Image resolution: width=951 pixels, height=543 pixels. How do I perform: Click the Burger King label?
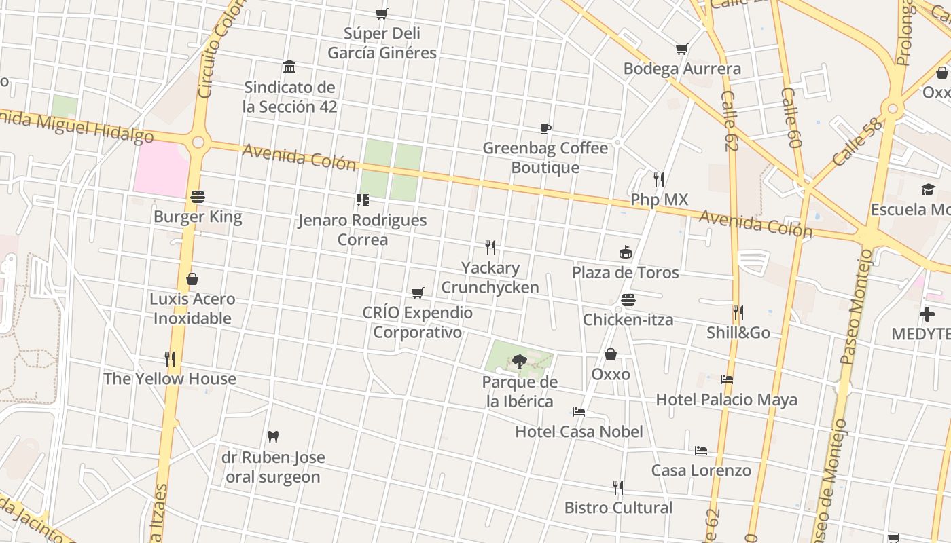[198, 217]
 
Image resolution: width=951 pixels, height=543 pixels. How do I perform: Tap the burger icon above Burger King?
[198, 197]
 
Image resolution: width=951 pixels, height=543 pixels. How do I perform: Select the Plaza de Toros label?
[625, 273]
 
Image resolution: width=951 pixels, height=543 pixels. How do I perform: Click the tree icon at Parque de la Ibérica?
[520, 361]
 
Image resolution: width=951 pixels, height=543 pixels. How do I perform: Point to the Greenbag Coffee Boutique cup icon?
[545, 128]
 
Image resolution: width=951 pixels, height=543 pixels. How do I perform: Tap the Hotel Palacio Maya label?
[726, 400]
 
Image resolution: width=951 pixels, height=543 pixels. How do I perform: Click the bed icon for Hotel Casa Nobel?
[579, 411]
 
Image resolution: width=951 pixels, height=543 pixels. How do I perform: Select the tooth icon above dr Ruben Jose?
[273, 436]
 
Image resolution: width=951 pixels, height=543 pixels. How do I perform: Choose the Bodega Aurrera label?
[682, 69]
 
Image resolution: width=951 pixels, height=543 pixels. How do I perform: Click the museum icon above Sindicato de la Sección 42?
[289, 67]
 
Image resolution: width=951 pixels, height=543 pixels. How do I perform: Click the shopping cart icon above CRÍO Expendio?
[418, 293]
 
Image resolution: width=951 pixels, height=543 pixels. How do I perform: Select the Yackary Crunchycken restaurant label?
[490, 278]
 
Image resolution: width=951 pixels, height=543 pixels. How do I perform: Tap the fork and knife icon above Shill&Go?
[738, 313]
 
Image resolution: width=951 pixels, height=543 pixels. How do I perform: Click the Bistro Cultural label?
[618, 508]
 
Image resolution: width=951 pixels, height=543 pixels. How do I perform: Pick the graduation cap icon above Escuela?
[928, 189]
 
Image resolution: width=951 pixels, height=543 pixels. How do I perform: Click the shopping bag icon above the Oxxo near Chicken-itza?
[611, 354]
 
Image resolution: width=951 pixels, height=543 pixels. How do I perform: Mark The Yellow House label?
[170, 379]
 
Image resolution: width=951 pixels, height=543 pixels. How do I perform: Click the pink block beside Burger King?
[160, 168]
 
